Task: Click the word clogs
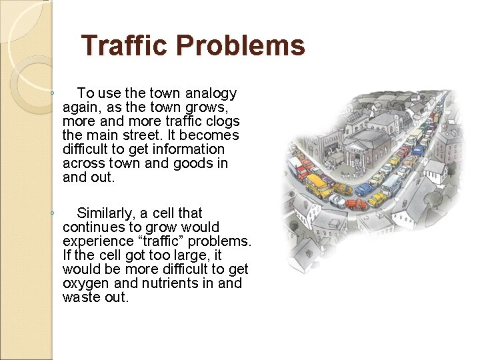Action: pyautogui.click(x=222, y=121)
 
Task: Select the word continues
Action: pyautogui.click(x=91, y=227)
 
